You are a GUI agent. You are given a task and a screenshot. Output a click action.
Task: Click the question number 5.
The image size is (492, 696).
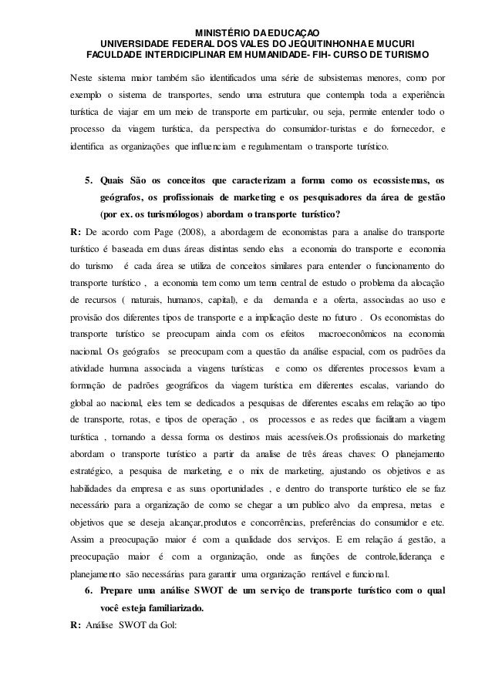tap(89, 180)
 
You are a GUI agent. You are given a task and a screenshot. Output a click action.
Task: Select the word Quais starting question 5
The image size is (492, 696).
tap(114, 180)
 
